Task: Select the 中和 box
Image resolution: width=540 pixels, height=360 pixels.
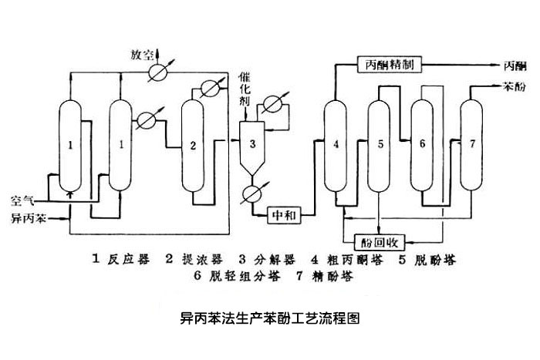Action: tap(283, 213)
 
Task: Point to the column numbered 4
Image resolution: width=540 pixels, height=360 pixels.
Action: tap(336, 146)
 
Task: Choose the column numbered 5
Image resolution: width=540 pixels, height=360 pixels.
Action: tap(380, 143)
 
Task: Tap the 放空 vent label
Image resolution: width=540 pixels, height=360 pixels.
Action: tap(143, 54)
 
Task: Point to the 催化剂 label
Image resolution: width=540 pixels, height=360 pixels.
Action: tap(244, 98)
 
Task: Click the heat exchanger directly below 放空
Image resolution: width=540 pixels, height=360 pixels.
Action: tap(160, 71)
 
